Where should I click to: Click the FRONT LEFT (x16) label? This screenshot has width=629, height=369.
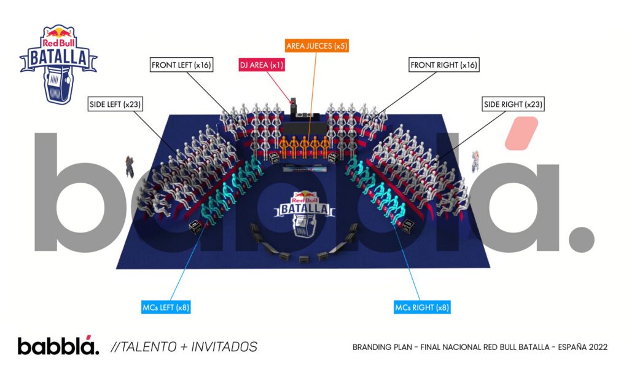tap(182, 65)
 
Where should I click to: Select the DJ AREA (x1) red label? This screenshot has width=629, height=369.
tap(262, 65)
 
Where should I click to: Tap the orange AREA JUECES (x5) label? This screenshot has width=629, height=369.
tap(317, 46)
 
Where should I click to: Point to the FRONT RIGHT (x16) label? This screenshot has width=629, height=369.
tap(443, 65)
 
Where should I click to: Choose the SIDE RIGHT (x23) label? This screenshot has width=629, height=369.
tap(514, 104)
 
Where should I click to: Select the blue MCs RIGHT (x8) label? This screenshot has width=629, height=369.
tap(422, 306)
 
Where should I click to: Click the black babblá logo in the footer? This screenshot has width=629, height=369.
tap(57, 346)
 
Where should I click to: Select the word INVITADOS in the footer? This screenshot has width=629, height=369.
tap(227, 347)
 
